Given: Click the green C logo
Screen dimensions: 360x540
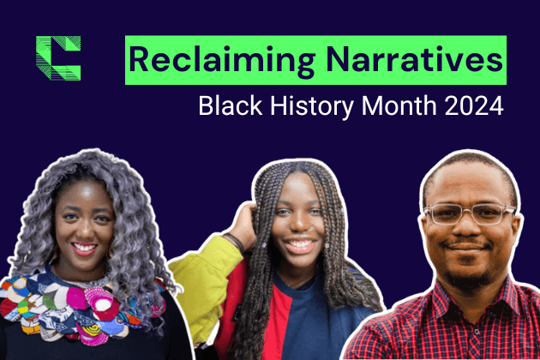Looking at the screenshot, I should click(x=58, y=58).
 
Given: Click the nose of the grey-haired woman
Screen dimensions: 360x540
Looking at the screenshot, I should click(x=85, y=229).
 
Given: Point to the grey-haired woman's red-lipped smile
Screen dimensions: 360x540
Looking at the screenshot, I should click(x=85, y=249).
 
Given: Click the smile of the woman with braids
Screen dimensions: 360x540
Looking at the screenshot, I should click(x=299, y=245).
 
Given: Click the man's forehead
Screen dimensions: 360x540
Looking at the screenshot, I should click(x=467, y=183).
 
